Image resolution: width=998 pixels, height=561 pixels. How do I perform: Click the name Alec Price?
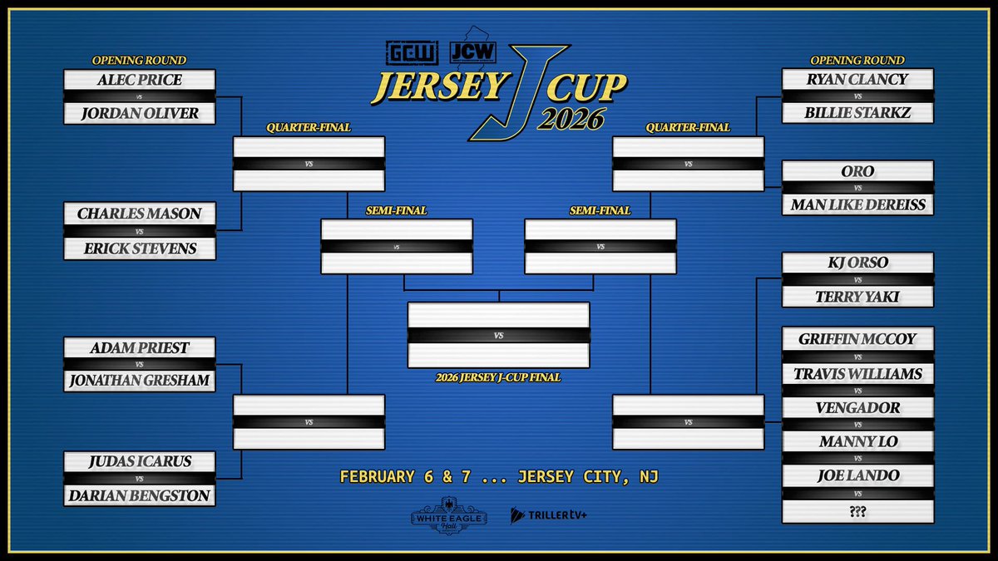point(140,81)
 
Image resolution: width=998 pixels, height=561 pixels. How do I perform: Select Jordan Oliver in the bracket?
point(140,113)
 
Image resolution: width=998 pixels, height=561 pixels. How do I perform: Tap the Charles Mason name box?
point(140,214)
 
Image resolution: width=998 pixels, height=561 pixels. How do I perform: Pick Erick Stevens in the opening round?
point(140,247)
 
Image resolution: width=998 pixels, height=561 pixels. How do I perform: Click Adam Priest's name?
point(140,347)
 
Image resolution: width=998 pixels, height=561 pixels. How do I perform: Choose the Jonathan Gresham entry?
point(140,381)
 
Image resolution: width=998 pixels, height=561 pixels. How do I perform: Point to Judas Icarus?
point(140,461)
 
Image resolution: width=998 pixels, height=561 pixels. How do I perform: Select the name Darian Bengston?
point(140,495)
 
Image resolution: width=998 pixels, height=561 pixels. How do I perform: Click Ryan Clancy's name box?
point(857,81)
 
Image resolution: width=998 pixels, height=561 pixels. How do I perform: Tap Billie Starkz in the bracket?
point(857,113)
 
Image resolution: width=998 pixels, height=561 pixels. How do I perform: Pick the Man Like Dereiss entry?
point(857,204)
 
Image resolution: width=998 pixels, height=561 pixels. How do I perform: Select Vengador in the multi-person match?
point(857,408)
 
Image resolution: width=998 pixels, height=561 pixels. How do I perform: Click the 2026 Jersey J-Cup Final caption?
point(498,377)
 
